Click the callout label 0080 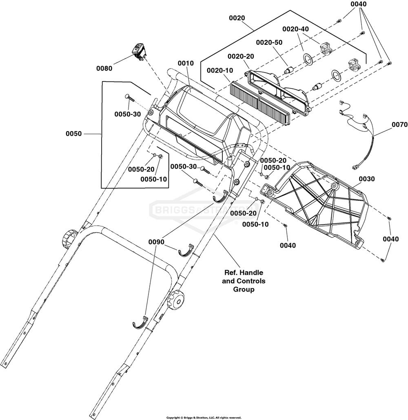point(104,68)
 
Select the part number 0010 point(186,63)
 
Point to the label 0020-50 point(269,42)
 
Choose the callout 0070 point(400,125)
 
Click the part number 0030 point(367,179)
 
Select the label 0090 point(156,242)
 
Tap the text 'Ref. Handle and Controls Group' point(244,281)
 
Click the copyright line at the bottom point(204,418)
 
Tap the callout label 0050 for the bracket point(73,133)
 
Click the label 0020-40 point(295,29)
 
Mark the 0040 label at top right point(358,4)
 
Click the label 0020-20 point(241,57)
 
